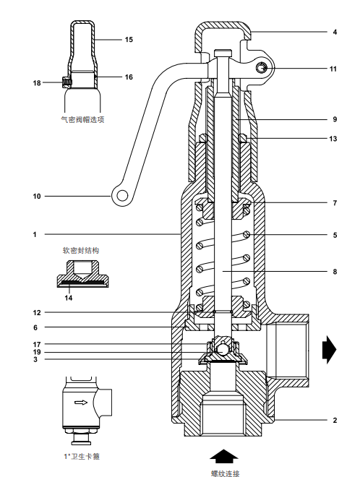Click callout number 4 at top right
click(x=335, y=33)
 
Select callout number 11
click(x=333, y=69)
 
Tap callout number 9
click(x=335, y=119)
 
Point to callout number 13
click(x=333, y=138)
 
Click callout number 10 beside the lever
click(x=36, y=195)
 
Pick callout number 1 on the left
click(x=34, y=234)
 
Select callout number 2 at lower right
click(x=335, y=420)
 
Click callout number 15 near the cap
click(x=129, y=39)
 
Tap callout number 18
click(x=37, y=83)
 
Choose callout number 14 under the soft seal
click(x=69, y=296)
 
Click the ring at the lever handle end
click(x=121, y=195)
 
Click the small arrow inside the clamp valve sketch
click(x=81, y=403)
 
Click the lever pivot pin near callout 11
click(x=261, y=69)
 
